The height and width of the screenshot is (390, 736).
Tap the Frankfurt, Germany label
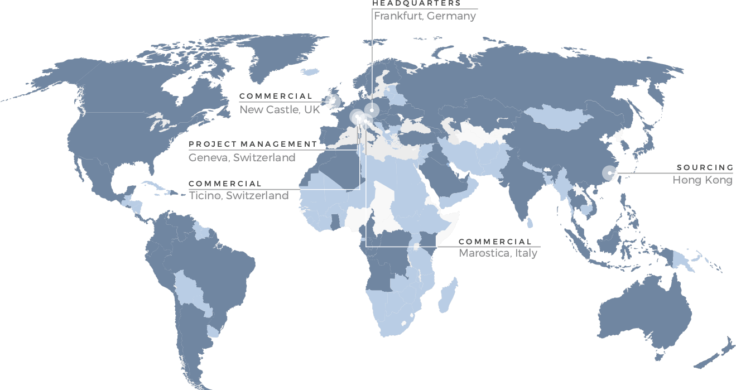click(x=425, y=16)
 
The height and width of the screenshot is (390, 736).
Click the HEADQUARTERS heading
click(x=416, y=3)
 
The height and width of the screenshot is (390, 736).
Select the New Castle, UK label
click(x=280, y=109)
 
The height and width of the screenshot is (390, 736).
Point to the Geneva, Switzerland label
click(x=242, y=158)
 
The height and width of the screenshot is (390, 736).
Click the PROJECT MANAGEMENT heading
click(x=253, y=145)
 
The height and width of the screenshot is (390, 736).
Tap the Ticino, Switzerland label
click(x=239, y=195)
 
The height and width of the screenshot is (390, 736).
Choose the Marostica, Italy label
click(x=498, y=253)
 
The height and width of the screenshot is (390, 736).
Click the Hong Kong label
click(x=702, y=180)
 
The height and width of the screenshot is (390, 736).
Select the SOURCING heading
click(x=705, y=167)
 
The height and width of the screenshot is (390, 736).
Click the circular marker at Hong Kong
click(x=609, y=173)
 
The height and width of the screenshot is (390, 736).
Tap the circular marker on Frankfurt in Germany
click(x=372, y=110)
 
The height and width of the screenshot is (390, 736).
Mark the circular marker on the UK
click(x=335, y=101)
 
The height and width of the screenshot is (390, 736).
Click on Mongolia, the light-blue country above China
click(x=558, y=117)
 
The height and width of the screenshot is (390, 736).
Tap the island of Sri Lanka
click(x=530, y=223)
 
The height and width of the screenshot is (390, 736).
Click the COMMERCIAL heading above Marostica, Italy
click(x=495, y=242)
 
